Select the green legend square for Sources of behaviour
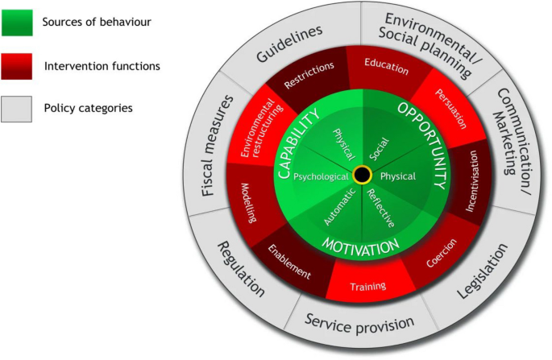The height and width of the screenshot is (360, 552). click(x=21, y=22)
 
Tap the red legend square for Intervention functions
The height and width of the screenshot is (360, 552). click(x=21, y=64)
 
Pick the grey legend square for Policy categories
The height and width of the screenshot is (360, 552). click(x=21, y=107)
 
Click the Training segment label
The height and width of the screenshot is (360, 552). click(x=367, y=286)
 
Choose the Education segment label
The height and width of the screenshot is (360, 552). click(x=386, y=66)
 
